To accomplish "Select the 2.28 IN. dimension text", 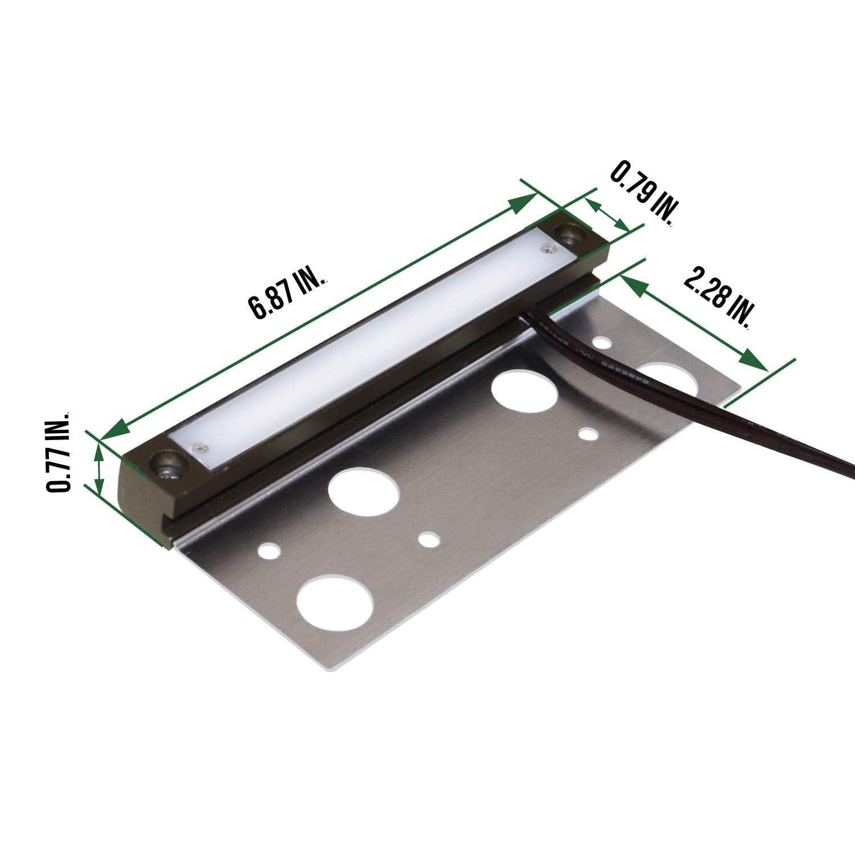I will click(717, 296).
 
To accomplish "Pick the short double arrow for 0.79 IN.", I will click(607, 217).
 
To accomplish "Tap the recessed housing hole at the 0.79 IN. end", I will click(572, 232).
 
